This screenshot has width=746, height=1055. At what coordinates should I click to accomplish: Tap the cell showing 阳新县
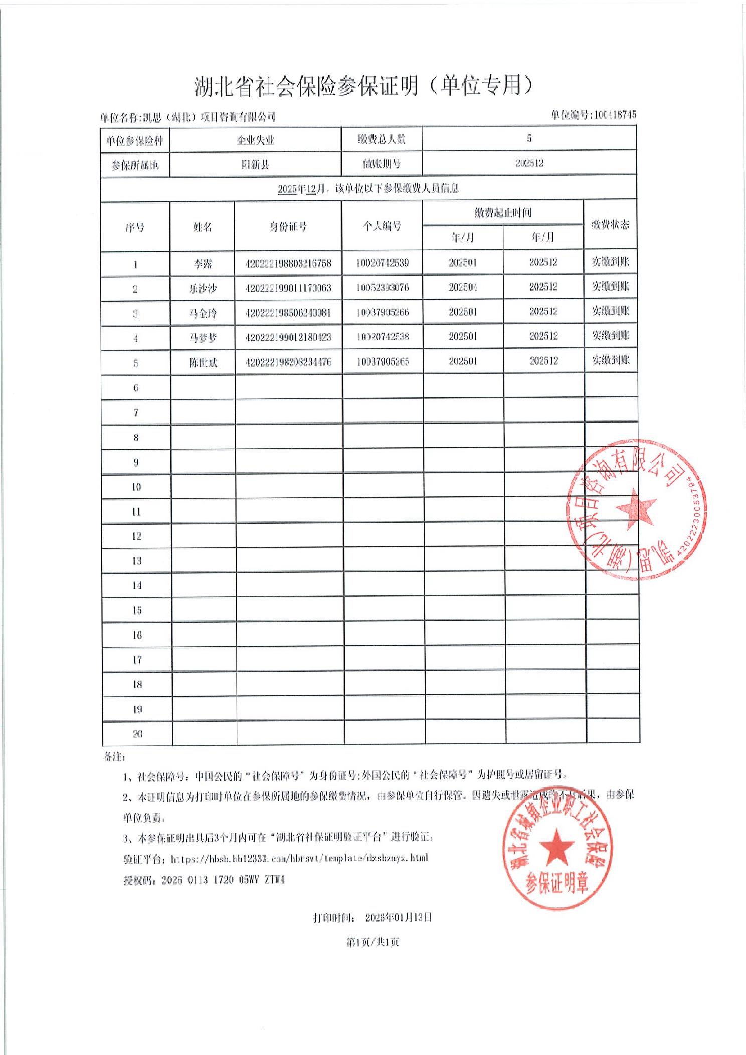pos(255,164)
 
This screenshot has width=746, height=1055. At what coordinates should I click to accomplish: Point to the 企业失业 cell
pos(255,140)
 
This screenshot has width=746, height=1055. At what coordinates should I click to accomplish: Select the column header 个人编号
pos(382,226)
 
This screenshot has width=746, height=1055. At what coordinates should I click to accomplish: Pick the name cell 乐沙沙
pos(203,289)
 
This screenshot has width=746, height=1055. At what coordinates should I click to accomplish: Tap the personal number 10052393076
pos(383,288)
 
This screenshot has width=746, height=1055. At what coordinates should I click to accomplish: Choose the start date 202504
pos(462,287)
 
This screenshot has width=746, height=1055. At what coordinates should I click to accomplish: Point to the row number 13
pos(137,561)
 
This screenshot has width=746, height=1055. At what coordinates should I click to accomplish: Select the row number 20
pos(137,734)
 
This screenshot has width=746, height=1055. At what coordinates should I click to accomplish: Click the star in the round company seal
pos(635,508)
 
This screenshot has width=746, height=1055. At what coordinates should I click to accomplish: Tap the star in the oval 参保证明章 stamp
pos(556,846)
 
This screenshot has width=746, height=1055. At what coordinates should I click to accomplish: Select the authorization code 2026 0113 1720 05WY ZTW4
pos(223,880)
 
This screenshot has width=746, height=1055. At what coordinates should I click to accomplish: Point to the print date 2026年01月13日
pos(398,917)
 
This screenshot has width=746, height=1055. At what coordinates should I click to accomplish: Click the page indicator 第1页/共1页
pos(372,942)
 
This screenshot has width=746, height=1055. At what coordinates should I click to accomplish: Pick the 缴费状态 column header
pos(610,225)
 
